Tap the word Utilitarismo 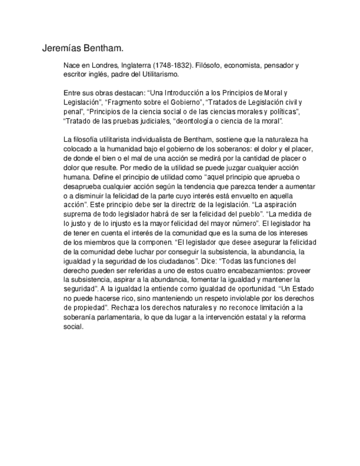(159, 74)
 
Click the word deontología (200, 120)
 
